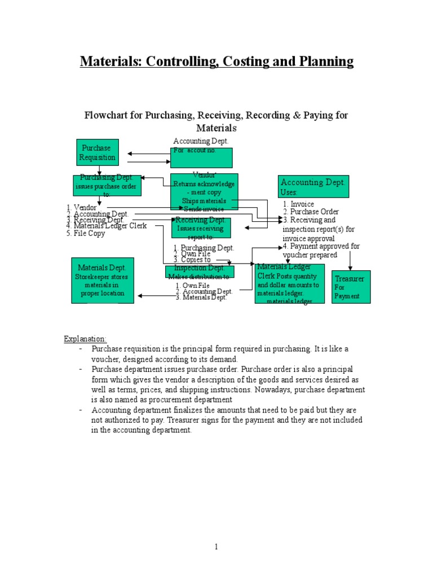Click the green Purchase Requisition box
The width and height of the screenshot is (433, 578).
click(97, 153)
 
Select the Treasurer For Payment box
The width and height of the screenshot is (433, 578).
click(351, 287)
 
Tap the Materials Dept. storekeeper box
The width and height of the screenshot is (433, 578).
click(103, 281)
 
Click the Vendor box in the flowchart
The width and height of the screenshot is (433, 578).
click(204, 192)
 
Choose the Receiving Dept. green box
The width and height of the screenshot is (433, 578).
click(201, 228)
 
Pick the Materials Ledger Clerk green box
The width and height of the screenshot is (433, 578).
click(289, 283)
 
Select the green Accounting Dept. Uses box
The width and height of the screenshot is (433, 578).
click(313, 187)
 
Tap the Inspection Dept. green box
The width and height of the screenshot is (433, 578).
click(200, 272)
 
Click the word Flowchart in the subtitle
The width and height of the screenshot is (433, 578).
click(112, 115)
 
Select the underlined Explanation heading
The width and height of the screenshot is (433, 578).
click(85, 339)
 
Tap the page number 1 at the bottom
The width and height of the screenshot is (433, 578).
click(216, 546)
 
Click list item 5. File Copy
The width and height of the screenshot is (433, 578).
click(86, 233)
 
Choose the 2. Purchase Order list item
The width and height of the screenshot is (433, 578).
click(311, 212)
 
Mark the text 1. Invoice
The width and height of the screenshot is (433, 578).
click(299, 204)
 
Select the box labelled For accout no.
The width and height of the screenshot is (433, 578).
click(201, 157)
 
